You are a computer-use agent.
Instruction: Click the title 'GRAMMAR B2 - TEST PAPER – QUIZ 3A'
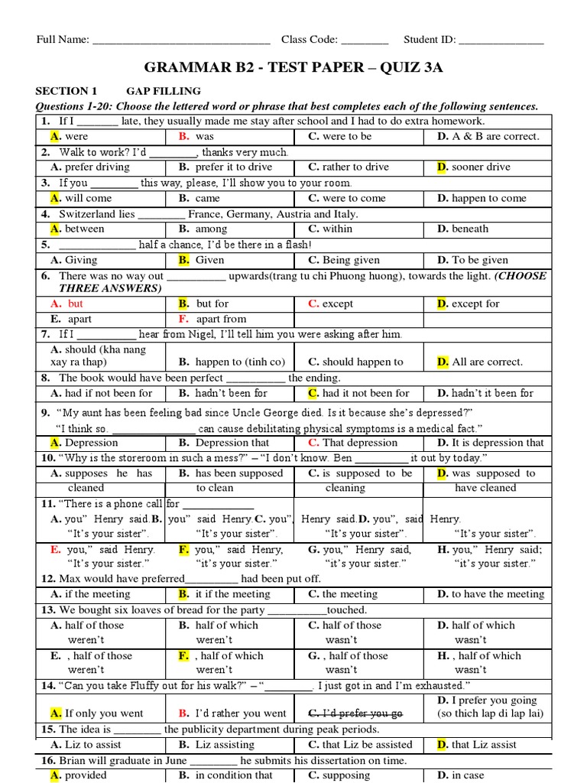[x=294, y=68]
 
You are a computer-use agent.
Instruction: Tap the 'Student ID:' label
[x=430, y=40]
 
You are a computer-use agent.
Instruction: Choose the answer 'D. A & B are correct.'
[x=488, y=137]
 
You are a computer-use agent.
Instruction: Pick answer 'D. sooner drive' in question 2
[x=473, y=167]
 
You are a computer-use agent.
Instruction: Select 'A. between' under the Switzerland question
[x=77, y=229]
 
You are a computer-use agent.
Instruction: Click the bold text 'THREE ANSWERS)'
[x=110, y=288]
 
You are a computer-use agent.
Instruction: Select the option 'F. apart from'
[x=212, y=319]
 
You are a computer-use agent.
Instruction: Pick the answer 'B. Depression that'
[x=224, y=443]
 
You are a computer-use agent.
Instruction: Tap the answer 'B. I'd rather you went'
[x=232, y=713]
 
